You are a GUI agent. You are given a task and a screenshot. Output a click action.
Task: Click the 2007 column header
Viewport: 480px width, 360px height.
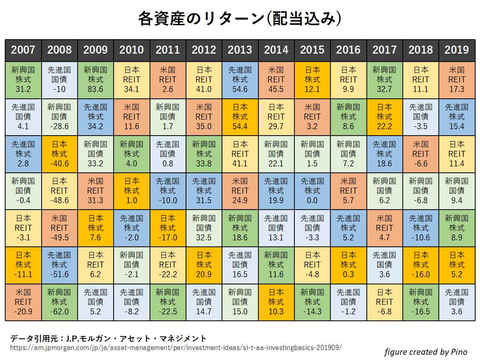pos(23,50)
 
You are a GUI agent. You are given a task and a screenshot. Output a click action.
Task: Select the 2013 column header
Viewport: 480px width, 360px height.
pos(240,50)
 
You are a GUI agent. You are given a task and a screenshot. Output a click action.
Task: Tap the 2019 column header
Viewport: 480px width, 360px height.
pos(457,50)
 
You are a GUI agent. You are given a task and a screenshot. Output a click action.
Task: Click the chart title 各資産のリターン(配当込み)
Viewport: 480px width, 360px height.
pos(240,18)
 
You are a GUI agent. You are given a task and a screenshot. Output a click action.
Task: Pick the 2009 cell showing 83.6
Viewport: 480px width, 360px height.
pos(95,80)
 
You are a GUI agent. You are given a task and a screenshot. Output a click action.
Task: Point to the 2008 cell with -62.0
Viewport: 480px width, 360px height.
pos(59,302)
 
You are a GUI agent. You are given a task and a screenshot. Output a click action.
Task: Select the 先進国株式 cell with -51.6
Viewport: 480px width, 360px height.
pos(59,265)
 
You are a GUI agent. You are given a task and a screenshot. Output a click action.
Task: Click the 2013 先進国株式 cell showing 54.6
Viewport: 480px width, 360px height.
pos(240,80)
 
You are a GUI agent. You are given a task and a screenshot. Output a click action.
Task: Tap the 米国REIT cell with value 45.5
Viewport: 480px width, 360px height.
pos(276,80)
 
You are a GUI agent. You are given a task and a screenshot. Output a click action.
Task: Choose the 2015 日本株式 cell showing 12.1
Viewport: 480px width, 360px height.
pos(312,80)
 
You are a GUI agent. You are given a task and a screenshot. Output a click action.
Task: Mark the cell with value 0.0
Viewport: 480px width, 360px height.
pos(312,191)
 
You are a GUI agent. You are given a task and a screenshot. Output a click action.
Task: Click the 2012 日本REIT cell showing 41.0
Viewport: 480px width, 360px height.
pos(204,80)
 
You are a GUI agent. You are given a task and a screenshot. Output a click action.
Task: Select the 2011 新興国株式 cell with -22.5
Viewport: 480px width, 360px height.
pos(168,302)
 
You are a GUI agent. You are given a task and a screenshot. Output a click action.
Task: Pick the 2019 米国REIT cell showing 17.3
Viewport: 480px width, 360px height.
pos(457,80)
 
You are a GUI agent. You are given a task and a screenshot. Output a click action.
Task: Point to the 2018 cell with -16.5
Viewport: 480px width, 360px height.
pos(420,302)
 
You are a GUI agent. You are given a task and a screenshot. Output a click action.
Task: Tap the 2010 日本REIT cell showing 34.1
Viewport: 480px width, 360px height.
pos(132,80)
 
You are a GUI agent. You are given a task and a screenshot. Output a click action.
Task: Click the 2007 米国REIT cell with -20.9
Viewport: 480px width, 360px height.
pos(23,302)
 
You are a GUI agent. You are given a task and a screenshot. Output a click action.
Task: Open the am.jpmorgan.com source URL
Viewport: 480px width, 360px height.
pos(176,347)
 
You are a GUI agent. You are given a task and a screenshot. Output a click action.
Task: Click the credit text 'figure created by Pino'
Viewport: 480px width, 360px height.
pos(426,352)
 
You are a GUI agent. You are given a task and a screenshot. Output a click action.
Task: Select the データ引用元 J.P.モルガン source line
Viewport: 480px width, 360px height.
pos(108,338)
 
